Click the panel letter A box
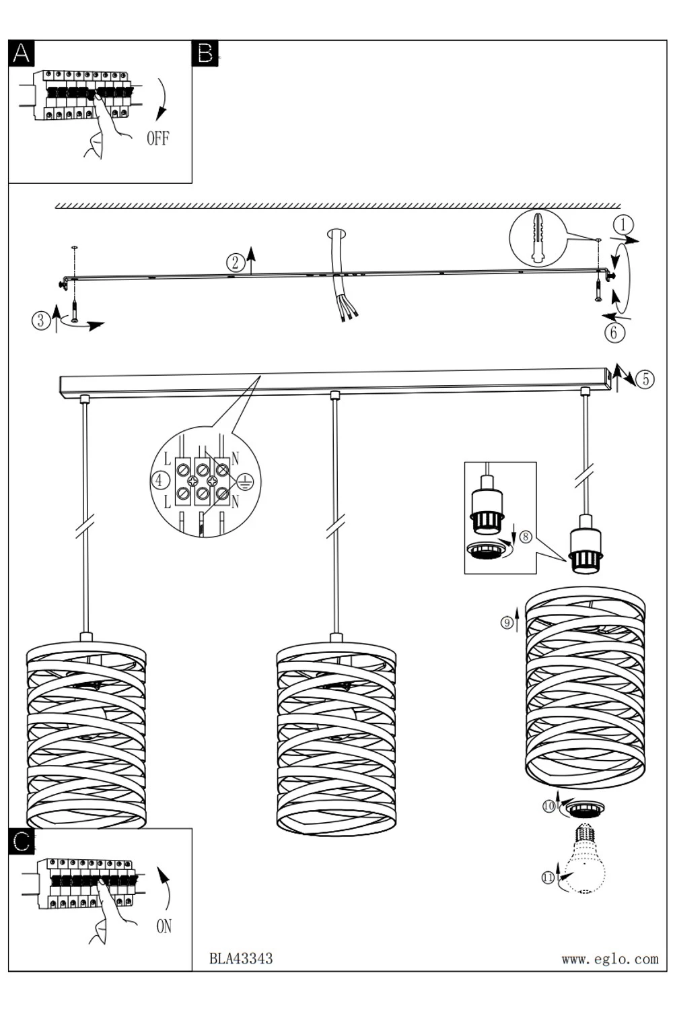pyautogui.click(x=22, y=53)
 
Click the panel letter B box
pyautogui.click(x=205, y=53)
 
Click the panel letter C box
pyautogui.click(x=22, y=841)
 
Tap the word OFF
pyautogui.click(x=157, y=139)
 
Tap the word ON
pyautogui.click(x=164, y=927)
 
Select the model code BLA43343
pyautogui.click(x=241, y=958)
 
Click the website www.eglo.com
pyautogui.click(x=610, y=959)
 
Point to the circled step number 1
pyautogui.click(x=623, y=224)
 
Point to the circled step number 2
pyautogui.click(x=235, y=263)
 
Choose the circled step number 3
pyautogui.click(x=41, y=321)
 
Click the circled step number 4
pyautogui.click(x=160, y=481)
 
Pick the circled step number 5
pyautogui.click(x=645, y=379)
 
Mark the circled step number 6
pyautogui.click(x=614, y=332)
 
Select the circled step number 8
pyautogui.click(x=526, y=537)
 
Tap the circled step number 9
pyautogui.click(x=507, y=623)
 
